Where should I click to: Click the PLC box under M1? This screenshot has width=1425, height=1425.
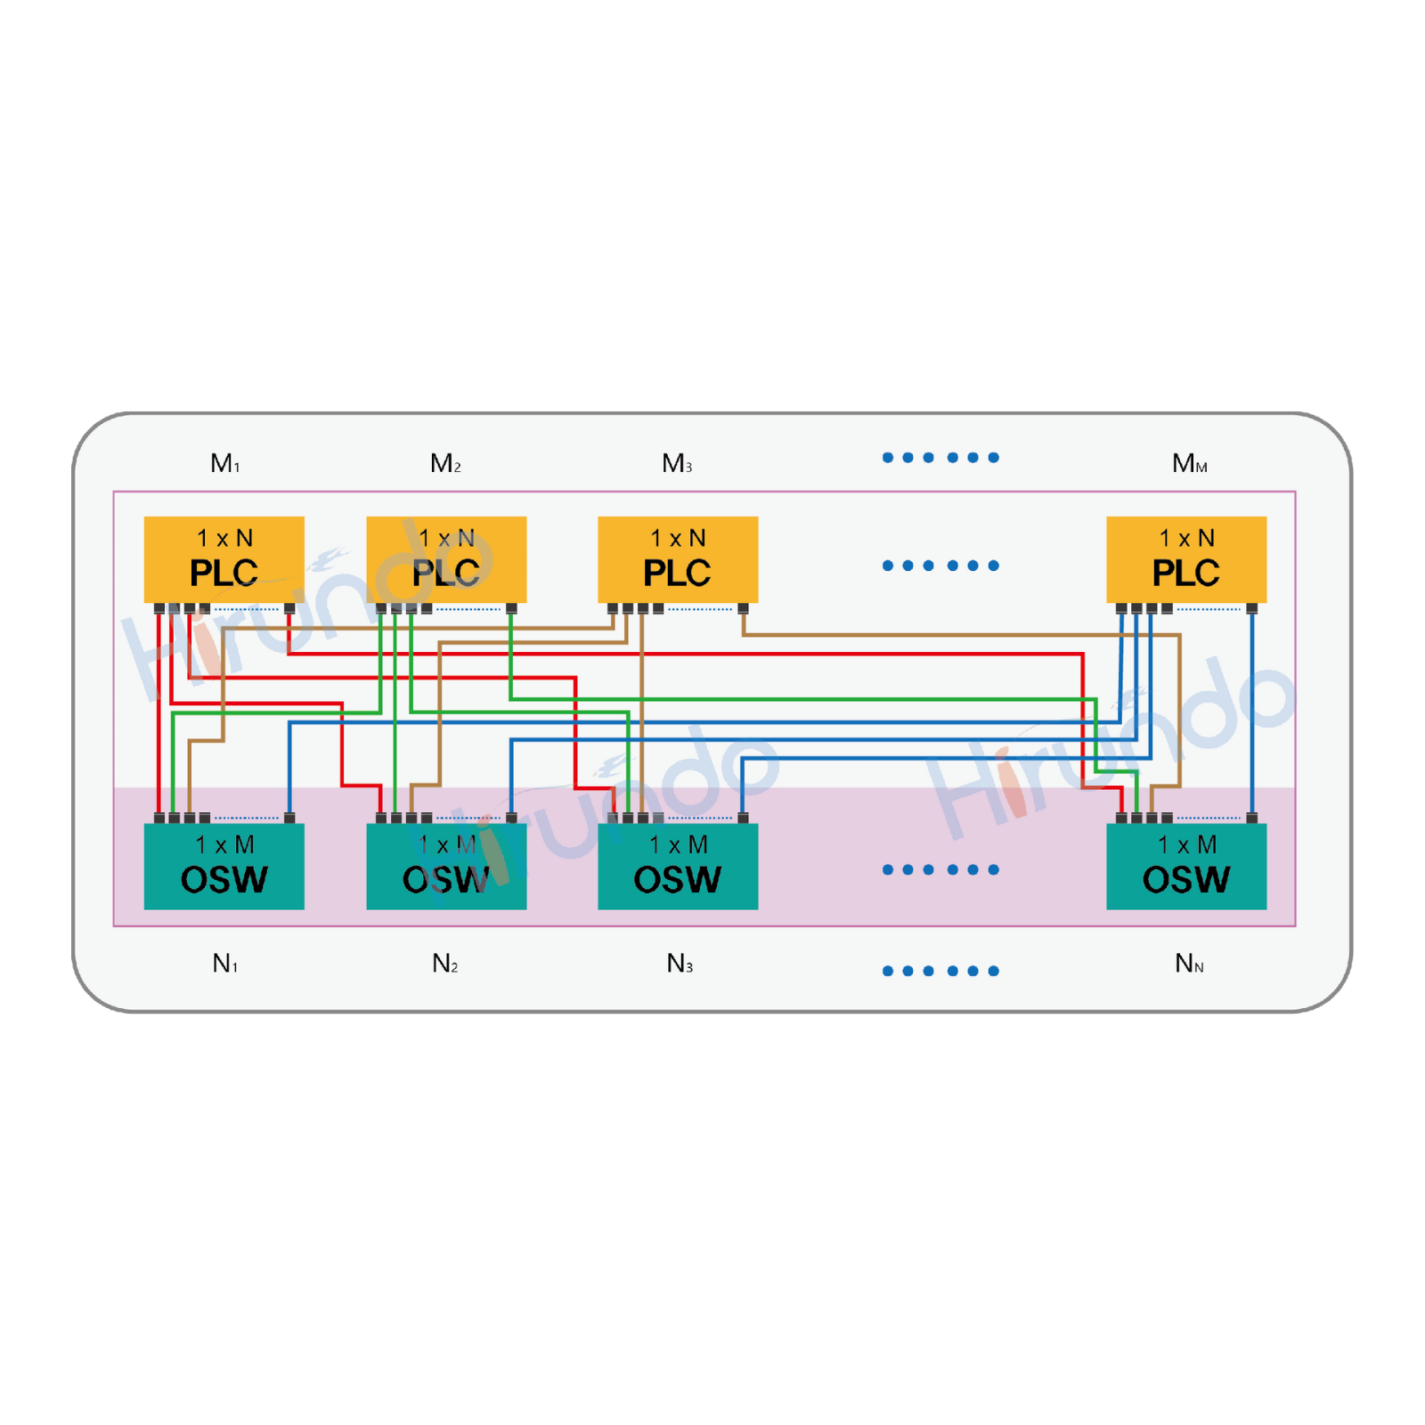(x=224, y=559)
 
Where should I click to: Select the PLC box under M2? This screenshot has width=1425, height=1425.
(x=446, y=559)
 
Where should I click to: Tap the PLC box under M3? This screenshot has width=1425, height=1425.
(x=678, y=559)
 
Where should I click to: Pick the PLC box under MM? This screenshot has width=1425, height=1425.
(x=1186, y=559)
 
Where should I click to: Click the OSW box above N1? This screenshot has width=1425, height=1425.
(x=224, y=866)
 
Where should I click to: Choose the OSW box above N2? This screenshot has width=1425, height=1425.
(x=446, y=866)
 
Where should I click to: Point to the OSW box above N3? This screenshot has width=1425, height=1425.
(x=678, y=866)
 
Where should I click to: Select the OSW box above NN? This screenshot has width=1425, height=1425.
(x=1186, y=866)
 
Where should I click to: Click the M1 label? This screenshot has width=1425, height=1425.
(x=224, y=463)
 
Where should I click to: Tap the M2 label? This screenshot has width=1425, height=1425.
(x=445, y=463)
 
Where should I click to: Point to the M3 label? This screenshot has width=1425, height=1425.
(x=677, y=463)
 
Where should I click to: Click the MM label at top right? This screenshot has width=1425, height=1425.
(x=1189, y=463)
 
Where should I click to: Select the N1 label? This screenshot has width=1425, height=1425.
(x=224, y=964)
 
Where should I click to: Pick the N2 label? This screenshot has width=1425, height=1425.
(x=445, y=964)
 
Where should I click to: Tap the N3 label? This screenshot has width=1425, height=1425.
(x=680, y=964)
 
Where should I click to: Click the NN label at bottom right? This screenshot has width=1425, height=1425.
(x=1189, y=964)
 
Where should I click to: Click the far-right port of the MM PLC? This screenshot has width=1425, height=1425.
(x=1251, y=608)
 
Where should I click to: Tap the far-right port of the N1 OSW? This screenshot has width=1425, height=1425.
(x=289, y=818)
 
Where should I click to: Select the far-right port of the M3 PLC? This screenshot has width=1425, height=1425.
(x=743, y=608)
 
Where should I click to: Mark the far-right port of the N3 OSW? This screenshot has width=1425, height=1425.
(x=743, y=818)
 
